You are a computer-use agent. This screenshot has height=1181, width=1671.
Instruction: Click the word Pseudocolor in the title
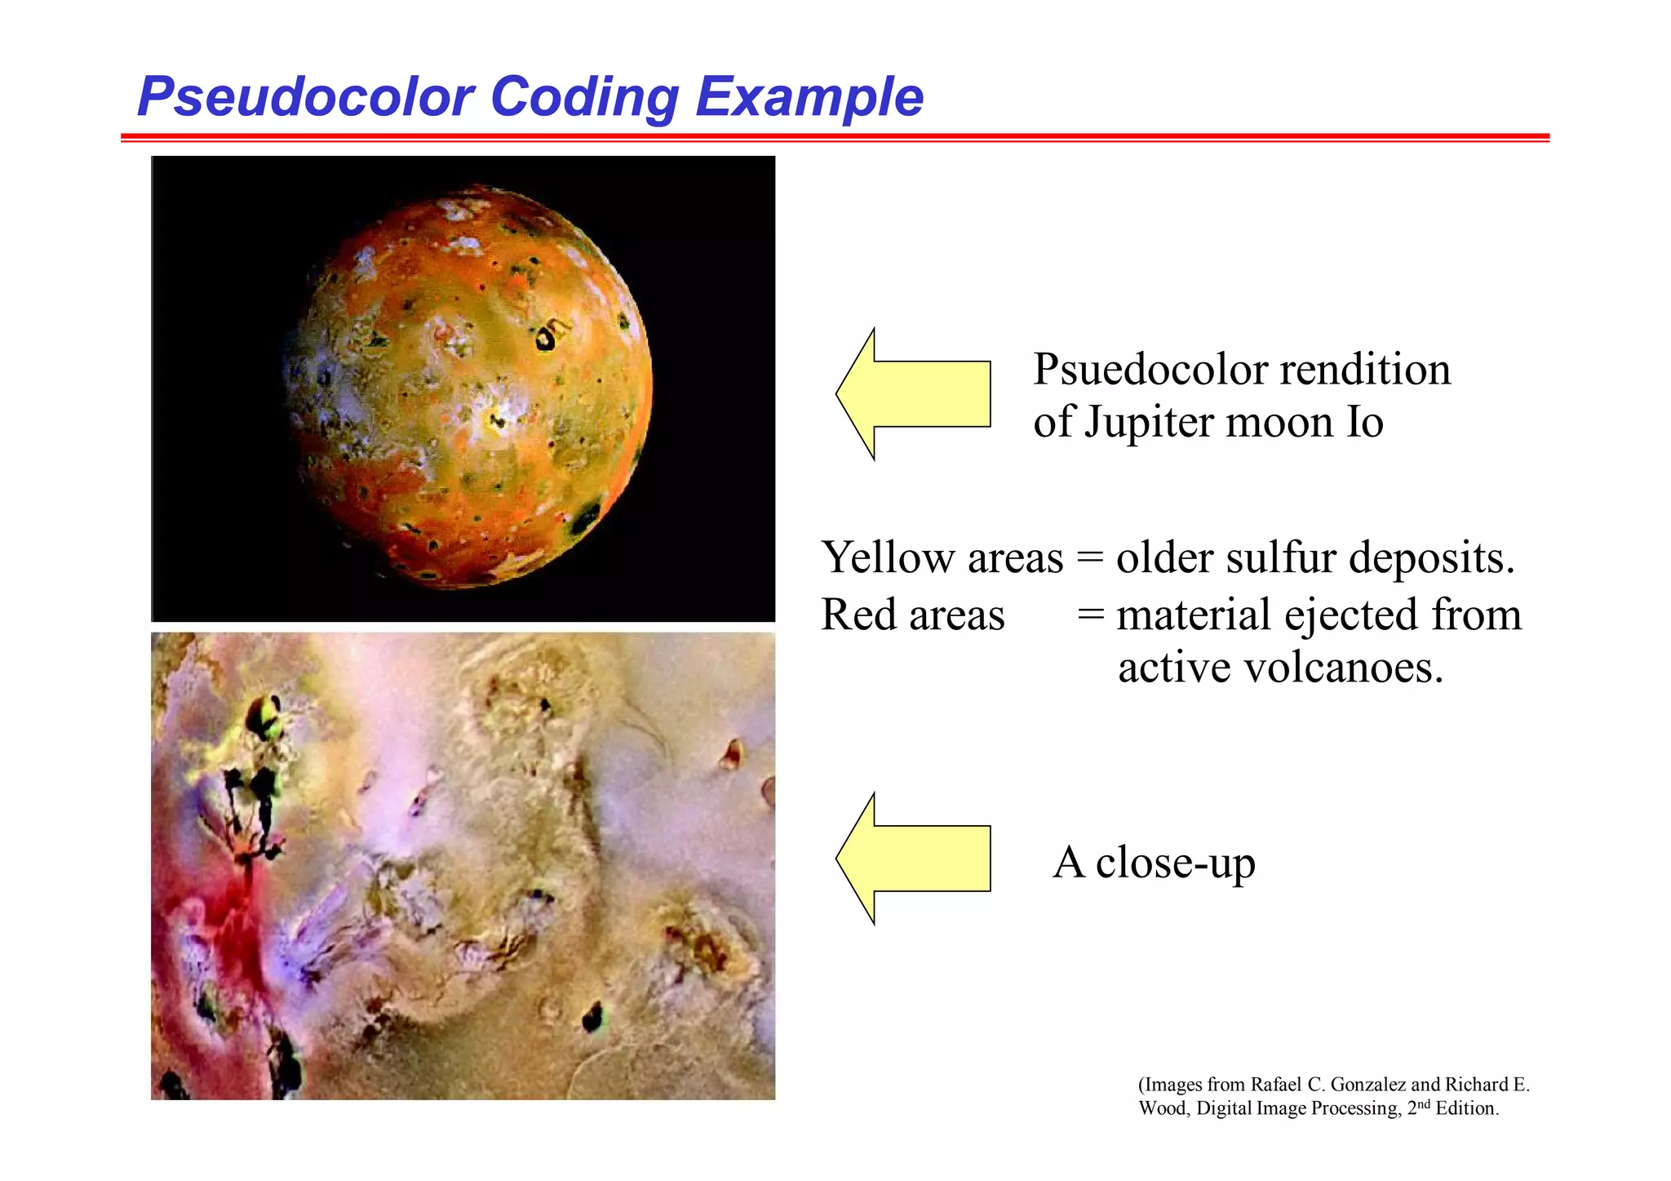click(x=305, y=97)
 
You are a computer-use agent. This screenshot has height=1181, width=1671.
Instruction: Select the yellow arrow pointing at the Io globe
click(x=913, y=394)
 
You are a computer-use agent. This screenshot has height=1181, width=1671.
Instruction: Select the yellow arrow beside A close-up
click(x=913, y=859)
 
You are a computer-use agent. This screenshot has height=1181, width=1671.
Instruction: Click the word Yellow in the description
click(x=888, y=558)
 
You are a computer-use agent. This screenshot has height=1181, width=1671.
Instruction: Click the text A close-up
click(x=1154, y=863)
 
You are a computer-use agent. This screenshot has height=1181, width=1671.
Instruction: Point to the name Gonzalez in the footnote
click(x=1367, y=1085)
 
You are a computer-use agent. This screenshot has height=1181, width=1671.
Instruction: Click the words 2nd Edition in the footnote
click(x=1452, y=1108)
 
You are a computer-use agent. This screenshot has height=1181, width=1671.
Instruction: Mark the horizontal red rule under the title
click(x=834, y=137)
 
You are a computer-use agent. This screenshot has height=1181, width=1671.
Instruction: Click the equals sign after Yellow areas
click(x=1089, y=558)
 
